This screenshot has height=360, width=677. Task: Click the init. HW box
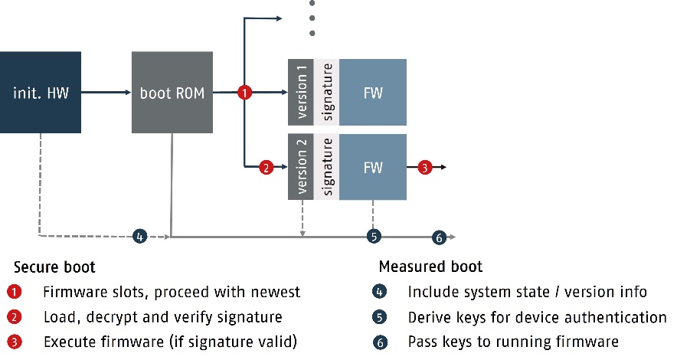(41, 93)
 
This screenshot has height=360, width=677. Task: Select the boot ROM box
(172, 93)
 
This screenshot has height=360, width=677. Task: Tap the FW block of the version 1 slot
(373, 93)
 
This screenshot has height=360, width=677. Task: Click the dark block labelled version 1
(300, 92)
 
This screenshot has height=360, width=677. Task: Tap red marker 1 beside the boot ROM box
(244, 93)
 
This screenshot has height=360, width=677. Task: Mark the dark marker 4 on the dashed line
(140, 237)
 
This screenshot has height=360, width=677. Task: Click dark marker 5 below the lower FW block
(374, 237)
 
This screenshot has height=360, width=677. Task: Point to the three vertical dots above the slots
(312, 17)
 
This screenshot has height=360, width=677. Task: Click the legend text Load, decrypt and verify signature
(162, 316)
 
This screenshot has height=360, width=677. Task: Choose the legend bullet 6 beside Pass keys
(381, 342)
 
